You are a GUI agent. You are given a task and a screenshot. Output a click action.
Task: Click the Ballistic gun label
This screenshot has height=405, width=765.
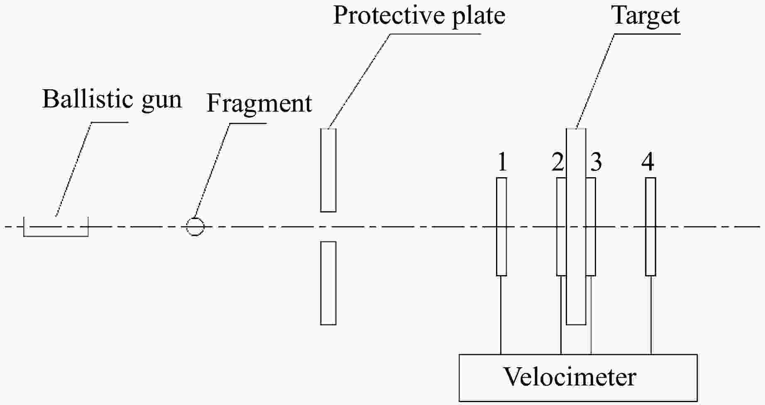coord(112,100)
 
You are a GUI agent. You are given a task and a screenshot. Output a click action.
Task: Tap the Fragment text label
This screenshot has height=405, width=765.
coord(259,103)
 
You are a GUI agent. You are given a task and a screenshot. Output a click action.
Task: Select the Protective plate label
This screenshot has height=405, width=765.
coord(419,16)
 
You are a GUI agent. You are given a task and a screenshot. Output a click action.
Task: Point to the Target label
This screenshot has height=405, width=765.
coord(646,16)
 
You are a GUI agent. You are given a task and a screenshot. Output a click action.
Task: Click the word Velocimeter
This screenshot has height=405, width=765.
coord(569,377)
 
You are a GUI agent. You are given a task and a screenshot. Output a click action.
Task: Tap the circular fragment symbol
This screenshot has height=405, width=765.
coord(195,227)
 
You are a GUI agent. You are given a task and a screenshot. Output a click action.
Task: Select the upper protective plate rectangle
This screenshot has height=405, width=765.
coord(328,170)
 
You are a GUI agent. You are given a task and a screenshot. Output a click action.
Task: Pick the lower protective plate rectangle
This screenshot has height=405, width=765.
coord(328,283)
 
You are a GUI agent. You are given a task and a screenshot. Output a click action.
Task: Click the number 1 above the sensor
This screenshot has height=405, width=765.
coord(502,162)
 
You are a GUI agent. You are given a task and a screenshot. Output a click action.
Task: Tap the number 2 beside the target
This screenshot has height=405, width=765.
coord(558,162)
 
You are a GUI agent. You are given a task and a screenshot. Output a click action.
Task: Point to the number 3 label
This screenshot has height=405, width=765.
coord(596,162)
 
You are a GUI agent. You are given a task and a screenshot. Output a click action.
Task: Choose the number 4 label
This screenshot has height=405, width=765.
coord(648,162)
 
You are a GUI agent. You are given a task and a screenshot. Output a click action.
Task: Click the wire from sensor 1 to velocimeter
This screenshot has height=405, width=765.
coord(501,315)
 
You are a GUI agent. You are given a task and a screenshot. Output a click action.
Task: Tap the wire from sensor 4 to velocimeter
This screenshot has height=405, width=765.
coord(651,315)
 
